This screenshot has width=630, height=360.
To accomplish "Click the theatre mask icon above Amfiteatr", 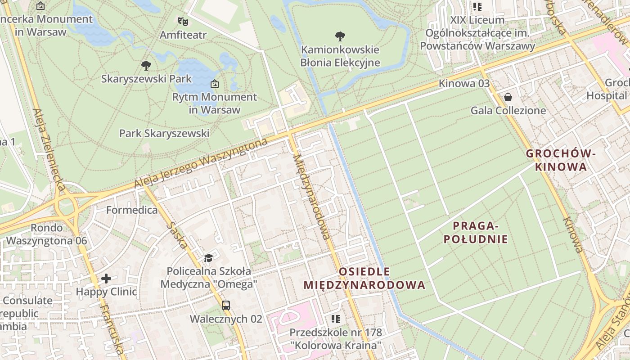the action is [x=183, y=21].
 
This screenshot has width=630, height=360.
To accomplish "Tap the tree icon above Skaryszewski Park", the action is [x=146, y=66].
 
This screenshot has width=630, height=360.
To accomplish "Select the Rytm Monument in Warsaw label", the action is [x=215, y=103].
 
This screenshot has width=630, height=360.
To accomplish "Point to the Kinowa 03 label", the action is [x=464, y=84].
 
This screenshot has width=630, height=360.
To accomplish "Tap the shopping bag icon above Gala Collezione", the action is [x=508, y=97].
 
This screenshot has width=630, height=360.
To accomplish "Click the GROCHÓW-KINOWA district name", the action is [x=561, y=160].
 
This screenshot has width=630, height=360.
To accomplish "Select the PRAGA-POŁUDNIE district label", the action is [x=476, y=232].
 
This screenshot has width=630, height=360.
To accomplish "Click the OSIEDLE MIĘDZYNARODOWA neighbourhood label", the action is [x=364, y=278].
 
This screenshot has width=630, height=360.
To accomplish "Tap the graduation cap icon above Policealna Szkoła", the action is [x=208, y=258].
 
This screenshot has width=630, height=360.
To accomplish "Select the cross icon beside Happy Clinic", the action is [x=106, y=279].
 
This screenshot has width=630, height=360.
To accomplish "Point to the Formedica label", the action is [x=132, y=210].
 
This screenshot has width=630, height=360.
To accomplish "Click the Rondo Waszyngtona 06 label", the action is [x=46, y=234].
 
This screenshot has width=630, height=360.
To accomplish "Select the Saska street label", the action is [x=176, y=234].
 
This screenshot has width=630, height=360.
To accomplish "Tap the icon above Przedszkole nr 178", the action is [x=336, y=319].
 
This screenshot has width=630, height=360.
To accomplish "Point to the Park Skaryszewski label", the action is [x=164, y=133].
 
